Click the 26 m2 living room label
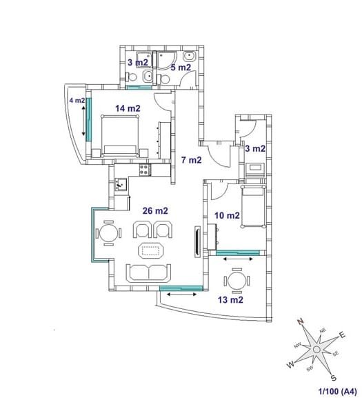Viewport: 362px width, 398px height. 155,210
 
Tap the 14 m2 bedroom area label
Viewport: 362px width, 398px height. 128,108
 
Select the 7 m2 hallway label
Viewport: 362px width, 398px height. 192,160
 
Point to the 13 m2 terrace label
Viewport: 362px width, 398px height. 230,300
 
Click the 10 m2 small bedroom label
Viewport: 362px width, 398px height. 227,215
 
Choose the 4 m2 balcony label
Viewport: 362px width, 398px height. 77,101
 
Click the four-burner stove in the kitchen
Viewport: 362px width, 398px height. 145,170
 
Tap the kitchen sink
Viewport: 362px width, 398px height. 121,184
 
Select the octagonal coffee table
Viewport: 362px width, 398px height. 151,251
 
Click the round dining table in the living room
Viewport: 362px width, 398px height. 108,233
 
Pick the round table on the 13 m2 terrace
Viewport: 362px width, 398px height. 237,281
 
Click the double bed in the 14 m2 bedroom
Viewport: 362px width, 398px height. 120,137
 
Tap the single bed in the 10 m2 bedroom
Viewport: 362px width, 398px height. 254,207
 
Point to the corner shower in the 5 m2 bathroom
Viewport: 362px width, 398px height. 166,60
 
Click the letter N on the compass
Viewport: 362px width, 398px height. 301,321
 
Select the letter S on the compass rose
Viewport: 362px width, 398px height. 334,378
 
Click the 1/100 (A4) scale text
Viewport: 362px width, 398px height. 337,391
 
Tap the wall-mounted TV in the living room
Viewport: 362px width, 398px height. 197,242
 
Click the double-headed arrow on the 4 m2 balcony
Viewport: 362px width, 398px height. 83,121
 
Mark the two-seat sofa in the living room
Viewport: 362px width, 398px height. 148,273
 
